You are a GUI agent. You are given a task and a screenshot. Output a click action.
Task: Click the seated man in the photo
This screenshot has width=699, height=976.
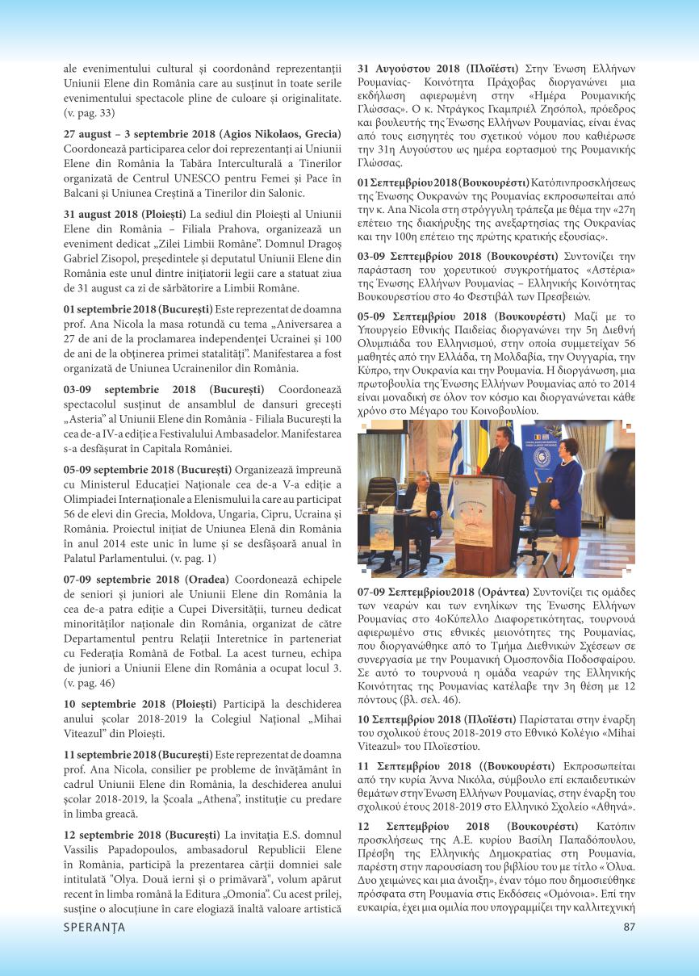(x=424, y=501)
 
